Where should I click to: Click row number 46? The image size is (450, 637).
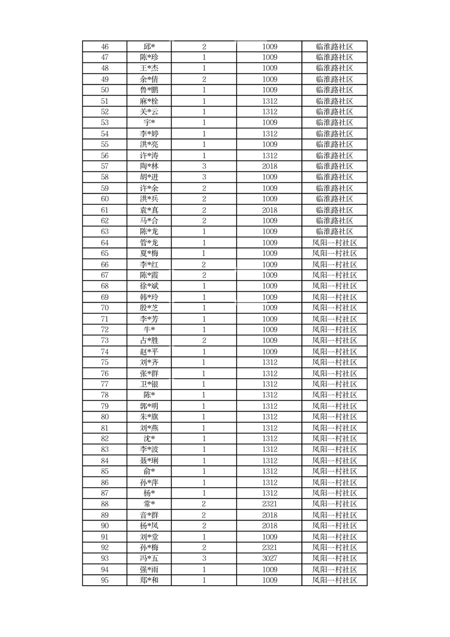(104, 47)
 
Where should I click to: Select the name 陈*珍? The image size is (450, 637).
(149, 57)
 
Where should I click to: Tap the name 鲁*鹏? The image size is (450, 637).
(149, 90)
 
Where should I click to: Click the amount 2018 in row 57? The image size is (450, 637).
(270, 166)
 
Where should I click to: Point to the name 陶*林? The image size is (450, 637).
(149, 166)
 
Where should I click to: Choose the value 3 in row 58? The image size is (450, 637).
(204, 177)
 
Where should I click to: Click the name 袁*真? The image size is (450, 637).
(149, 210)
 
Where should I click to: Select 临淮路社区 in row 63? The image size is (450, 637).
(334, 232)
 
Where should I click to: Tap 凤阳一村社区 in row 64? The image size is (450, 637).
(334, 242)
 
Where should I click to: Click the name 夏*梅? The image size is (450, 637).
(149, 253)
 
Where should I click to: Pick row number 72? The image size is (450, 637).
(104, 330)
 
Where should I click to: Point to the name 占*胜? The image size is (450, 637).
(149, 341)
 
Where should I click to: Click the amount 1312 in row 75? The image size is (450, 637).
(270, 362)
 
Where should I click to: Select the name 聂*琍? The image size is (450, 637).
(149, 460)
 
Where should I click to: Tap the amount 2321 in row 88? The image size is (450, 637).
(270, 504)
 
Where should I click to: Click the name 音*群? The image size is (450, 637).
(149, 515)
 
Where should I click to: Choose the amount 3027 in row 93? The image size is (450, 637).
(270, 559)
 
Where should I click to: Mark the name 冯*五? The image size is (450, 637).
(149, 559)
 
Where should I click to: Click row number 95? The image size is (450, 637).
(104, 580)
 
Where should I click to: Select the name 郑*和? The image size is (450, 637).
(149, 580)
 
